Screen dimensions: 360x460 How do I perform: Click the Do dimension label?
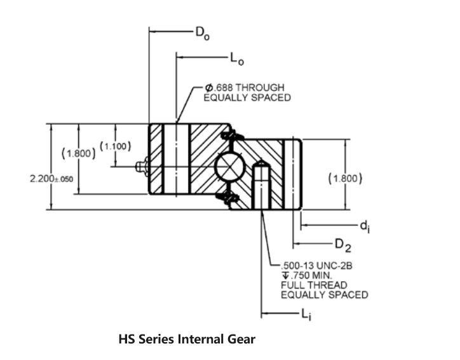point(203,32)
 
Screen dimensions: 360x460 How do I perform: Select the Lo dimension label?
point(237,60)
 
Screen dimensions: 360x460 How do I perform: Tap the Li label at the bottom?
point(308,315)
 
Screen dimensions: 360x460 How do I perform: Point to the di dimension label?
point(365,226)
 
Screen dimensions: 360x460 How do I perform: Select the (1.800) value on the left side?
point(78,153)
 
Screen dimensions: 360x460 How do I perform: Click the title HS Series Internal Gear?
point(187,339)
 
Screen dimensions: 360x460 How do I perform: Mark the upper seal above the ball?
point(232,136)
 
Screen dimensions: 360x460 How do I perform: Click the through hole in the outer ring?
point(177,159)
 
